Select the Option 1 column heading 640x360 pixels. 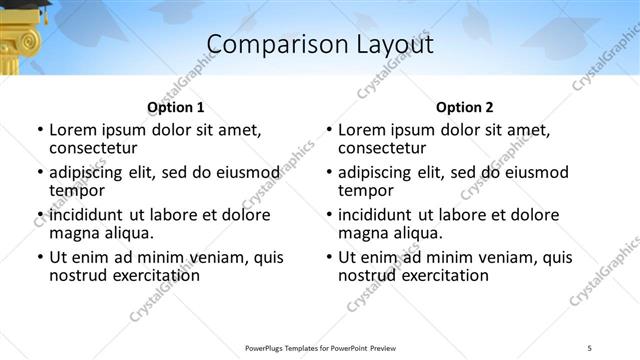[175, 107]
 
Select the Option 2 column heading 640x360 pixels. [464, 107]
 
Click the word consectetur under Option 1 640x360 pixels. [96, 149]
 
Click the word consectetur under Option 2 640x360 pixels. [385, 149]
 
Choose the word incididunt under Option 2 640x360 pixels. [383, 215]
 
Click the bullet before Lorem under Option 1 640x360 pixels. [40, 130]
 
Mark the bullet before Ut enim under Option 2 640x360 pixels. [329, 257]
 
